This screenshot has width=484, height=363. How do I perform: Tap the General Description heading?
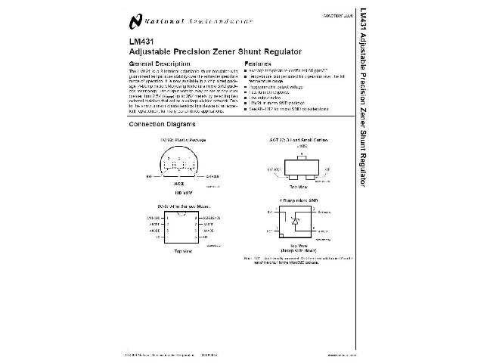coord(160,64)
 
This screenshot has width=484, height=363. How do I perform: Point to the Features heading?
coord(258,64)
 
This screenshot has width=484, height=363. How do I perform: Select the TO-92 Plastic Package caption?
coord(181,140)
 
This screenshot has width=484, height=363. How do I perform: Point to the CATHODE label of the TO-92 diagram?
coord(216,175)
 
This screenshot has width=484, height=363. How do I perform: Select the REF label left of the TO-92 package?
coord(149,175)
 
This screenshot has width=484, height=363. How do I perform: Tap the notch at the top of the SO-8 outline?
coord(181,215)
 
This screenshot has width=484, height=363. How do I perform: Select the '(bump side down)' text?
coord(300,250)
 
